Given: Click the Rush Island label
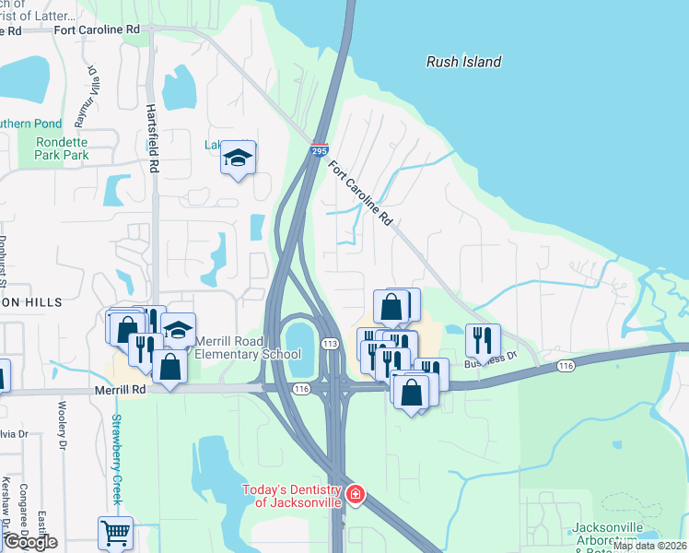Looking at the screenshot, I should pyautogui.click(x=463, y=62).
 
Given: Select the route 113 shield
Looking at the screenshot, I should pyautogui.click(x=329, y=343).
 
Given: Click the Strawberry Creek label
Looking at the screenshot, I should pyautogui.click(x=117, y=459).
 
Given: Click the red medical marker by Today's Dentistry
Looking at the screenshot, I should pyautogui.click(x=355, y=497).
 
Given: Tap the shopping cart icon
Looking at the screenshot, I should pyautogui.click(x=115, y=532).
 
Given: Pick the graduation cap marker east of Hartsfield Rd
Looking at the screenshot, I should pyautogui.click(x=238, y=158).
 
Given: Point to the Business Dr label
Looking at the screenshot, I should pyautogui.click(x=491, y=359).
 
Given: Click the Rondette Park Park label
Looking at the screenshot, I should pyautogui.click(x=62, y=149).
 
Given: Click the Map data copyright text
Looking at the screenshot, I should pyautogui.click(x=648, y=546).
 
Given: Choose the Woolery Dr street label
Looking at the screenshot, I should pyautogui.click(x=64, y=432).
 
